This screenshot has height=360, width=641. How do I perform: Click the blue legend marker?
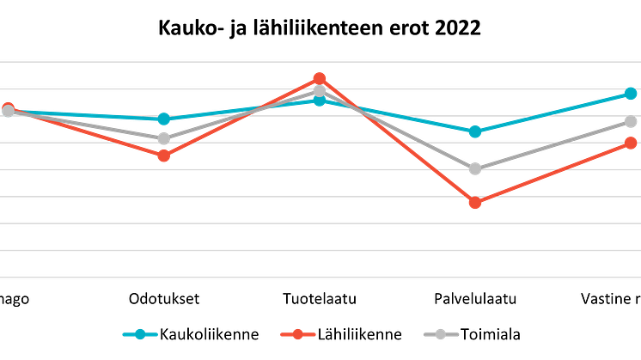(x=140, y=334)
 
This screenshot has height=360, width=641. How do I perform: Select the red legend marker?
(x=298, y=334)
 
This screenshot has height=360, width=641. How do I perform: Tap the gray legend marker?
(x=441, y=334)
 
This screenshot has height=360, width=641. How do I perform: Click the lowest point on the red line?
(x=475, y=203)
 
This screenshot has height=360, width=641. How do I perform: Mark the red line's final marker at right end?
(x=631, y=143)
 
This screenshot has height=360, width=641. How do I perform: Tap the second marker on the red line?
(x=163, y=156)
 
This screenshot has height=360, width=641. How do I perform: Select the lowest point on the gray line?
(x=475, y=168)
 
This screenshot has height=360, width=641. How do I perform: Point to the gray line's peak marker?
(x=320, y=90)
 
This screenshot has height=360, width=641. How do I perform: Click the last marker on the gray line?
(x=631, y=122)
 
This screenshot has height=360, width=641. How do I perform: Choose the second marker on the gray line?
(x=163, y=137)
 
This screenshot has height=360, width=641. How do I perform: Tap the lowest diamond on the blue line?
(x=475, y=131)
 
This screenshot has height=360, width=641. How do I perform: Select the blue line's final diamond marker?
(x=631, y=93)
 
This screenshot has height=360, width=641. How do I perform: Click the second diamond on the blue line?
(x=163, y=119)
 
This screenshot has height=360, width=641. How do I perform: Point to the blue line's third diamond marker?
(x=320, y=101)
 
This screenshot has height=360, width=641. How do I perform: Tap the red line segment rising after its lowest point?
(x=552, y=173)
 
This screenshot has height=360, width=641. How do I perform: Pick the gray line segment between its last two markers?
(x=552, y=145)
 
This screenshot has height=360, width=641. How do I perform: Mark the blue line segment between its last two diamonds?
(x=552, y=113)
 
